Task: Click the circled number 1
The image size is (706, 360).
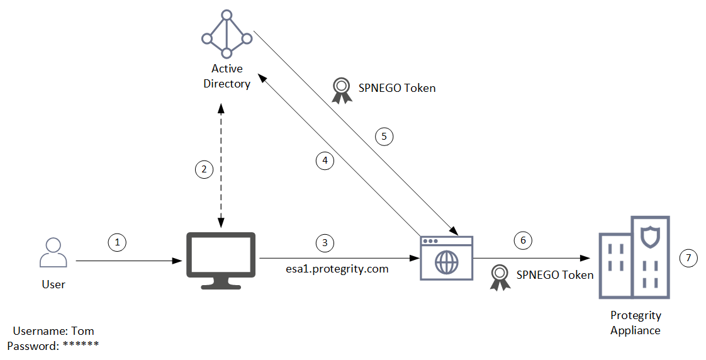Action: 116,241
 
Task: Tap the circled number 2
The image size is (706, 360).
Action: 203,169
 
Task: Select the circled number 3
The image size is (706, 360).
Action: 325,242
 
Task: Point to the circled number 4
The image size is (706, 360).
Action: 325,160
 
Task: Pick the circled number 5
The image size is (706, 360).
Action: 384,135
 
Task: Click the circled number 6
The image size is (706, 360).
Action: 522,240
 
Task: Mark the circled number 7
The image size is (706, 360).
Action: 689,257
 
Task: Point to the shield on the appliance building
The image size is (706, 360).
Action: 649,237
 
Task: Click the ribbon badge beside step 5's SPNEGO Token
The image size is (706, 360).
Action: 342,90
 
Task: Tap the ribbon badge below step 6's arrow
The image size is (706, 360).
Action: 500,277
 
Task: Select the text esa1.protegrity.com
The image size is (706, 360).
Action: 337,269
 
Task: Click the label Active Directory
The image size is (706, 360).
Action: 227,76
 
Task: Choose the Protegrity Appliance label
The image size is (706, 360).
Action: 636,323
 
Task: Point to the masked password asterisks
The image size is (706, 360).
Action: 81,345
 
